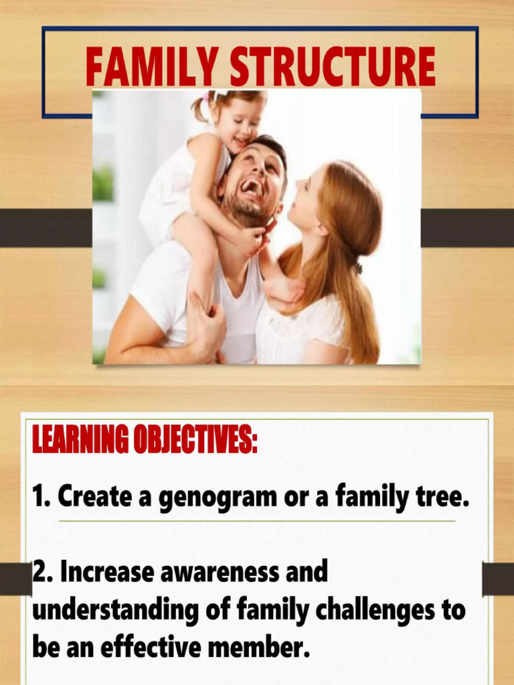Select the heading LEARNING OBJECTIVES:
click(145, 442)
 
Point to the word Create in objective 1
click(90, 496)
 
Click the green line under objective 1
click(257, 521)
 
